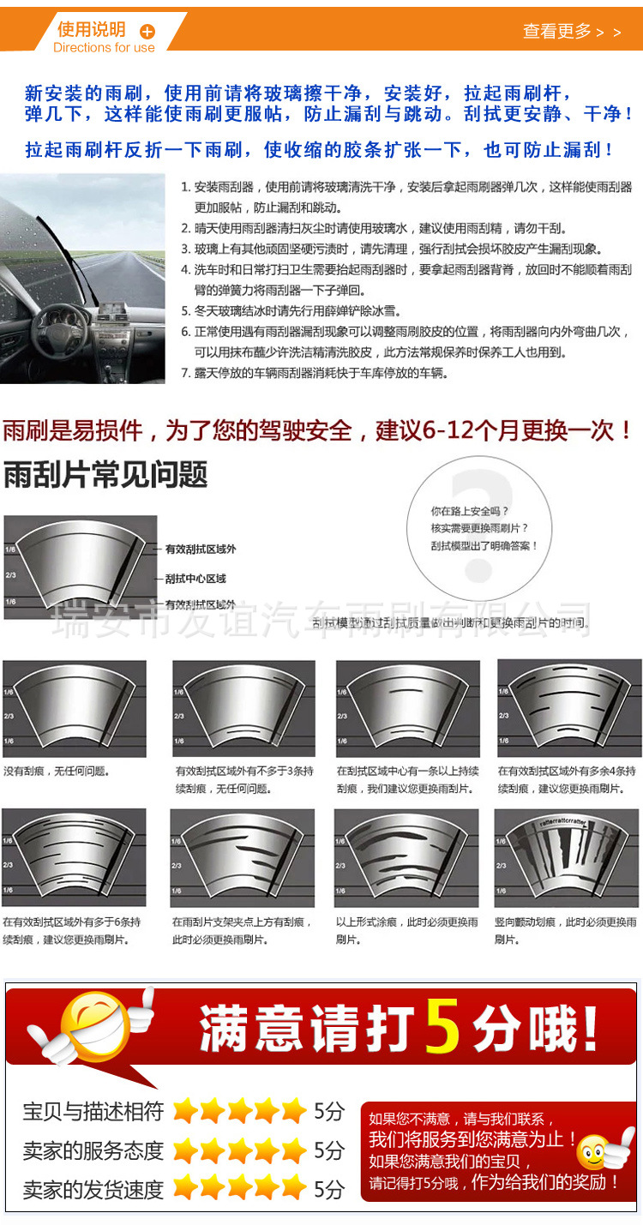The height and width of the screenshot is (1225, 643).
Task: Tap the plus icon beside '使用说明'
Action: (147, 32)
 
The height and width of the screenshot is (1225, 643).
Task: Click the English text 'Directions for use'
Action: (104, 48)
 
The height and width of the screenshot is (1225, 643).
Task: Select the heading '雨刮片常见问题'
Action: (105, 474)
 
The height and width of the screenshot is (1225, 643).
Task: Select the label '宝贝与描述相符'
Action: (93, 1112)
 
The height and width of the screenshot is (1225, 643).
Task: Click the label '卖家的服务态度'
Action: (93, 1150)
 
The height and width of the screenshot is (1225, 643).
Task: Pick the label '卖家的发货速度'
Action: (93, 1189)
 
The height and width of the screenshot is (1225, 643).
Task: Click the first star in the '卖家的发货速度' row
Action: (185, 1188)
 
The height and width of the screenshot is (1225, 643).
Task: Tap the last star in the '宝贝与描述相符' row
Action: (293, 1111)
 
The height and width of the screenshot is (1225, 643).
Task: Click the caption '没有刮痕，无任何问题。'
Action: (57, 771)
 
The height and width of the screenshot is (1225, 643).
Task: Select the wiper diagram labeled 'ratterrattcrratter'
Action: (568, 858)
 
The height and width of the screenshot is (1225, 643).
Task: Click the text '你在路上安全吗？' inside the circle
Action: (470, 511)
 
